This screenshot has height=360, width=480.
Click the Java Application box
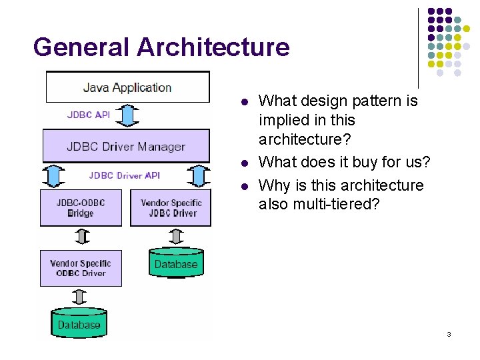click(x=127, y=87)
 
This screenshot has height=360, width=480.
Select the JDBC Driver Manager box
click(x=125, y=146)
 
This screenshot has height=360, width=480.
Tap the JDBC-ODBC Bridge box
click(x=81, y=207)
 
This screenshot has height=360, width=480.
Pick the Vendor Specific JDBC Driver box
click(x=171, y=207)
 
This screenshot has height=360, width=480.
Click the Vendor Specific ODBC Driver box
click(x=81, y=268)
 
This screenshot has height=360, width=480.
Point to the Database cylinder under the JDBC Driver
click(x=175, y=263)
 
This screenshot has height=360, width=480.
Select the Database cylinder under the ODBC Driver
click(x=79, y=324)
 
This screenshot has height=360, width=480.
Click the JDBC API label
click(x=89, y=115)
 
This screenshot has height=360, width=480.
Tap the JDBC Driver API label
click(x=125, y=175)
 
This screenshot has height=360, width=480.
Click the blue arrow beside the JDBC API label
click(x=131, y=115)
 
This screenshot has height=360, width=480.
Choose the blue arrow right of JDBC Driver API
click(x=198, y=176)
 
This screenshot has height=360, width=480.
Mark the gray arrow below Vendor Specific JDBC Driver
click(x=176, y=236)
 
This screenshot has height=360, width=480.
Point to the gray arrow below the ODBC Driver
click(x=81, y=297)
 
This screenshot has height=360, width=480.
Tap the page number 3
click(x=449, y=334)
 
